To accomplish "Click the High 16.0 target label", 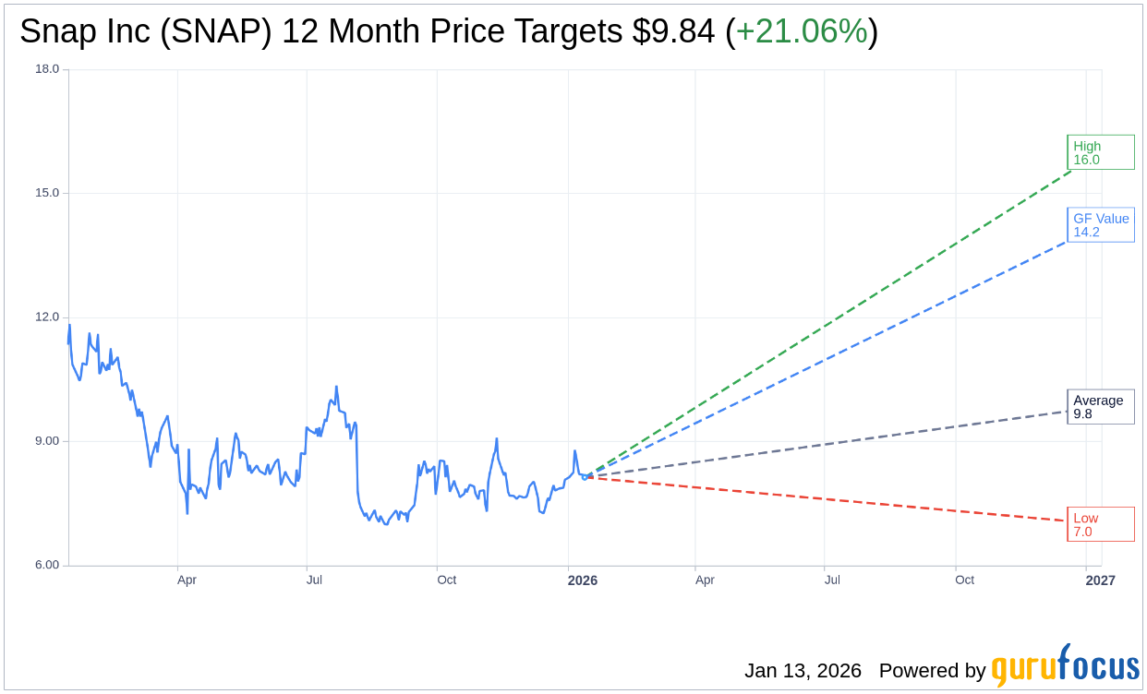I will [1100, 152].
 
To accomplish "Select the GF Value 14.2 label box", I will [1100, 225].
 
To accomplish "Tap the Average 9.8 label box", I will [1100, 407].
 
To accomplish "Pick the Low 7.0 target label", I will [1100, 524].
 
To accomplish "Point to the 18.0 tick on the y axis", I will [47, 69].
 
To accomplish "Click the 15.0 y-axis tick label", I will [47, 193].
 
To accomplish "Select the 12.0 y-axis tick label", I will [47, 317].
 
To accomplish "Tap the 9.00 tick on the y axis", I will [47, 440].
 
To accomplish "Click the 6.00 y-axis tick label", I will [47, 565].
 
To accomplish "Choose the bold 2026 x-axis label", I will [582, 580].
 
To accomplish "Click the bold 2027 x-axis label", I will [1100, 580].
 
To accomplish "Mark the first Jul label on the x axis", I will [314, 580].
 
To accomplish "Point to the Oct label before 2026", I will [446, 580].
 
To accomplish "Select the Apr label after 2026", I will [705, 580].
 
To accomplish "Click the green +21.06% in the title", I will [802, 31].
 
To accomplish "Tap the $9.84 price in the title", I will [673, 31].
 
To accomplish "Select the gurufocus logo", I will [1065, 666].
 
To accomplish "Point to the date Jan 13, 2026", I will [803, 671].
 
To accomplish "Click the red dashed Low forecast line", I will [831, 499].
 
